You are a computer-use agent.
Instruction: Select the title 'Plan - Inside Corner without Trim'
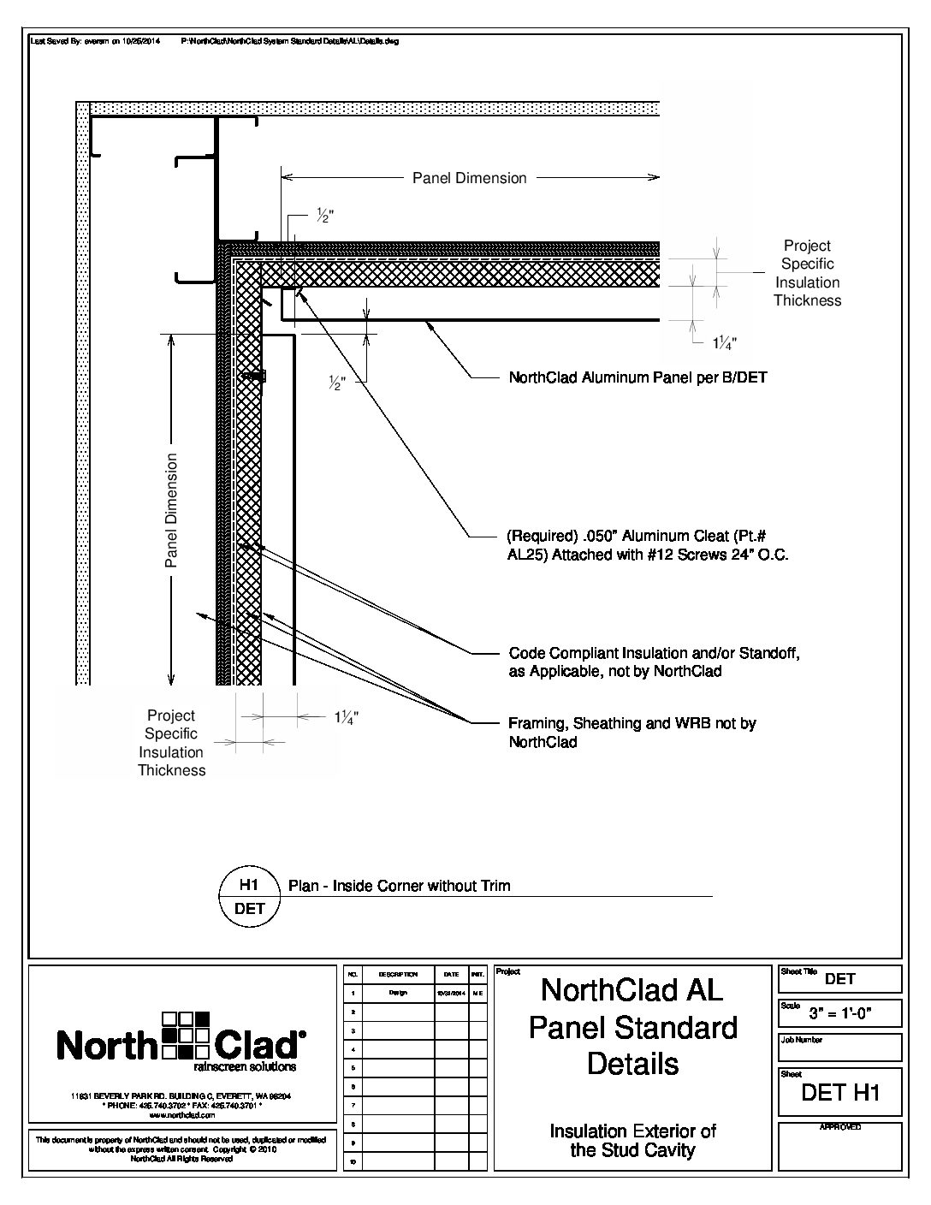point(399,886)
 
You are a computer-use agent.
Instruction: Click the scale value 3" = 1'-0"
point(840,1015)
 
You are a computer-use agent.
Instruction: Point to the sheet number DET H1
point(839,1092)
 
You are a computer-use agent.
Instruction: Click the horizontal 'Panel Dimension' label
point(469,178)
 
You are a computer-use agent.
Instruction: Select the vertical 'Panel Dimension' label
point(172,510)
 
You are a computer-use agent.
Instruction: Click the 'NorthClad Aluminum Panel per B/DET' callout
point(637,377)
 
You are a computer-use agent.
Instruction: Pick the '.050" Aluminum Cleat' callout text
point(648,545)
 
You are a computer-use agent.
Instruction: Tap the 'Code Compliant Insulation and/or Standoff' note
point(654,662)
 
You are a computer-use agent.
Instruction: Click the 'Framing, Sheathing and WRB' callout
point(632,733)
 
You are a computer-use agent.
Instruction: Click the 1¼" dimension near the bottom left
point(346,718)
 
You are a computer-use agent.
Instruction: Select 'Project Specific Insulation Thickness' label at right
point(807,273)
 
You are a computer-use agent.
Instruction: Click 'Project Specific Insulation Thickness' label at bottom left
point(171,743)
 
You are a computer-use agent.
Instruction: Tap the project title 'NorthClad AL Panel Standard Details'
point(632,1027)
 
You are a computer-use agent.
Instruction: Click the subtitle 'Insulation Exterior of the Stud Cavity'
point(632,1141)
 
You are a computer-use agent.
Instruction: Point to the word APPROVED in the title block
point(839,1127)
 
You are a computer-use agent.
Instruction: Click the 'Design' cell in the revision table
point(399,994)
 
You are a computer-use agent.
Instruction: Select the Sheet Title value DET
point(840,979)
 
